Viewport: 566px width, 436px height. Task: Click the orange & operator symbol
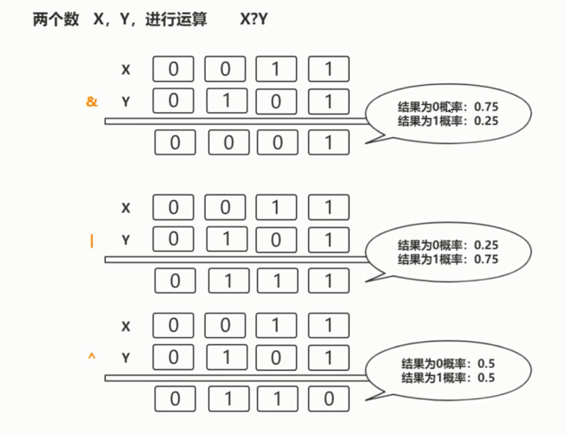click(92, 102)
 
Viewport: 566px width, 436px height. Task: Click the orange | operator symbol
click(91, 241)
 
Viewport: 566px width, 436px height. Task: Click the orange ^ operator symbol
click(91, 357)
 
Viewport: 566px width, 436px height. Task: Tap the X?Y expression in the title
click(254, 19)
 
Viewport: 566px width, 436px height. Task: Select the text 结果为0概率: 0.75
click(448, 106)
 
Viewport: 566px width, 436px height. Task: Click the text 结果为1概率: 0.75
click(448, 259)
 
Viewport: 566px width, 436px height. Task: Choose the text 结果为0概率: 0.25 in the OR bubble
click(448, 245)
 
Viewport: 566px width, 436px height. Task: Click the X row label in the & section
click(126, 69)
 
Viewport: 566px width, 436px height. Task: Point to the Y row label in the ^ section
click(126, 358)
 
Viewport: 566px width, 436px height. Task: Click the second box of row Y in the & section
click(226, 101)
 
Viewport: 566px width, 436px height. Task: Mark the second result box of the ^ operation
click(227, 400)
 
